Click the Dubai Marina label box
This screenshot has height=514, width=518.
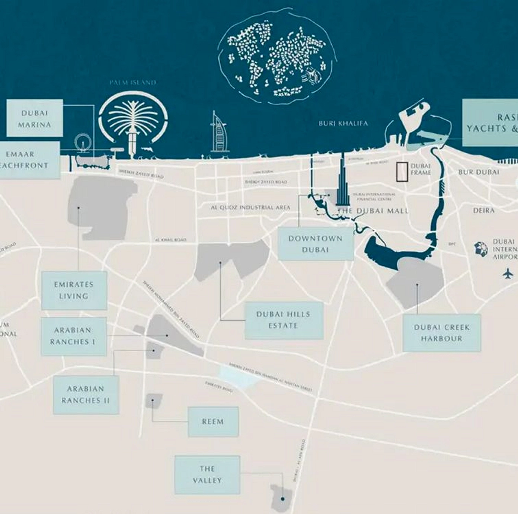(34, 119)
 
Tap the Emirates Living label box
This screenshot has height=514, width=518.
(74, 290)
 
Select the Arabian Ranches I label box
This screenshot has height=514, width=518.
(73, 336)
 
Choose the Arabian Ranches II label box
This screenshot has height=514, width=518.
(86, 395)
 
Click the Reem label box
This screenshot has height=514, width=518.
(213, 422)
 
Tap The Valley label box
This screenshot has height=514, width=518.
(207, 475)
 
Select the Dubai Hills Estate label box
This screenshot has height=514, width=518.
(284, 320)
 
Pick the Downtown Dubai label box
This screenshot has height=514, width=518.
(315, 244)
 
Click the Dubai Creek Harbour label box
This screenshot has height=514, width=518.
(441, 333)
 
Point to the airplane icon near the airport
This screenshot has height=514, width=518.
(508, 273)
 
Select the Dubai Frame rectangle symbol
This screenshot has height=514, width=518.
(402, 172)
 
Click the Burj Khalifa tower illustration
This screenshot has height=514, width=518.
(342, 182)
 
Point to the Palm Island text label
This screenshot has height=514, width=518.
(133, 83)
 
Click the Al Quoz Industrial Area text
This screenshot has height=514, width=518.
(250, 207)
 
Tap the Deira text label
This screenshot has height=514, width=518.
(484, 211)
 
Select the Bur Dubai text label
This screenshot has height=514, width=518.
(479, 172)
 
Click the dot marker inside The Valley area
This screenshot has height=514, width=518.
(283, 499)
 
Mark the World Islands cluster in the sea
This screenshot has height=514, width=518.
(277, 60)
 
